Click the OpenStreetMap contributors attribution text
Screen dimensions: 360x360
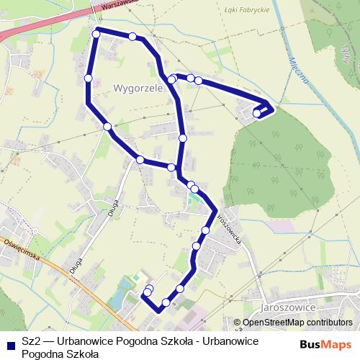pyautogui.click(x=297, y=323)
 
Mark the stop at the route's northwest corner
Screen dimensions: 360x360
pyautogui.click(x=96, y=33)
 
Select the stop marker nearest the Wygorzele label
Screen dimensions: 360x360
pyautogui.click(x=171, y=79)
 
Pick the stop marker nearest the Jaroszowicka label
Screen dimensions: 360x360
pyautogui.click(x=206, y=230)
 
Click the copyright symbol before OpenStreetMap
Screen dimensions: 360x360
pyautogui.click(x=238, y=323)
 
